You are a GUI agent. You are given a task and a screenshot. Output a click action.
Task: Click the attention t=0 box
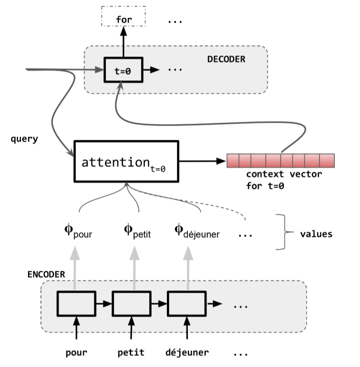126,161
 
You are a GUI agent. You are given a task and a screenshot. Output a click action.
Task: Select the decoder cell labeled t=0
123,70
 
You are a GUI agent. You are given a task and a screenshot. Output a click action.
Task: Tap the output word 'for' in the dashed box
124,20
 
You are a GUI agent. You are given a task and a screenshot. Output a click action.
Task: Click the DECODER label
226,60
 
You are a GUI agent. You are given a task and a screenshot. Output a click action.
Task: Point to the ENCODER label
46,276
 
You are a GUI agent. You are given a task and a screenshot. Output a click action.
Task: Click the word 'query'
24,140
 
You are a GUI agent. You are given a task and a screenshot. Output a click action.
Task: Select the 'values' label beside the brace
316,234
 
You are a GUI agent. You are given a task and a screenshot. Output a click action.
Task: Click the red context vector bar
281,161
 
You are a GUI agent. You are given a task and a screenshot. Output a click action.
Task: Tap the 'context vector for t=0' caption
283,179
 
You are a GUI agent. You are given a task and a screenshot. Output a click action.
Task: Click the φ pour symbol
78,232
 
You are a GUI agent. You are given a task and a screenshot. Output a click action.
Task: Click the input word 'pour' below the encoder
76,353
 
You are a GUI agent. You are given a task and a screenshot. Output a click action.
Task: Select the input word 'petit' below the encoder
131,353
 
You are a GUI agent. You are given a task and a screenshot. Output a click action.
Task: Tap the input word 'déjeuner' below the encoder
187,353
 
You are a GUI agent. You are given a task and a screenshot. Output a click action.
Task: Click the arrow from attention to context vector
202,161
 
